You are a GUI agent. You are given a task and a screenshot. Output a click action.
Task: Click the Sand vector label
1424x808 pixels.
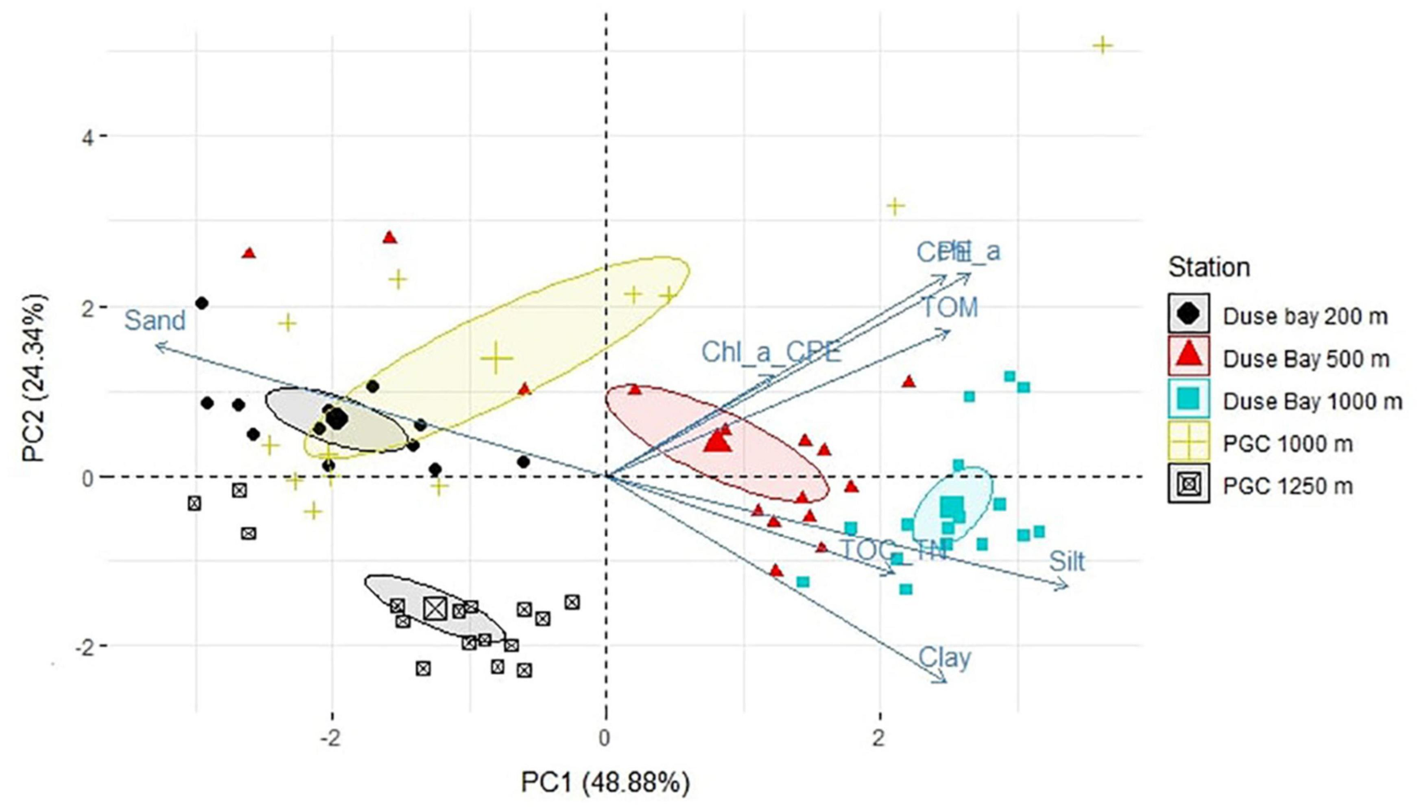[x=155, y=321]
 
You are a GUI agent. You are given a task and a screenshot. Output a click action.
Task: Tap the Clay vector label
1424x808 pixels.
[x=944, y=658]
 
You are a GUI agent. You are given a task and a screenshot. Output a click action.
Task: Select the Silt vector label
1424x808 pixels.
[x=1066, y=562]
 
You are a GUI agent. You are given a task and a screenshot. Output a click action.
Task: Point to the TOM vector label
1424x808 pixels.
[x=949, y=308]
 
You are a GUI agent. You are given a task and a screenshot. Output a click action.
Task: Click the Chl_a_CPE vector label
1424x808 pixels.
[x=770, y=352]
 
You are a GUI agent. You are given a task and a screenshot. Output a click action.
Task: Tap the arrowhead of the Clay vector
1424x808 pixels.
[x=944, y=681]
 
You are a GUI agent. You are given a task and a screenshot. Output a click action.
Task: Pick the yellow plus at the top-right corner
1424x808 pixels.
[x=1102, y=45]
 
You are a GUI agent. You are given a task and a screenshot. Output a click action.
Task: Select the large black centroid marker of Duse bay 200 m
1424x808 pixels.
[x=337, y=419]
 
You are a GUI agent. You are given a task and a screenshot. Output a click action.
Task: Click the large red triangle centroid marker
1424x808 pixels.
[x=717, y=441]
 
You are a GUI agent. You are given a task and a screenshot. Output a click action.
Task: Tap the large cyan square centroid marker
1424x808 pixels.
[x=951, y=506]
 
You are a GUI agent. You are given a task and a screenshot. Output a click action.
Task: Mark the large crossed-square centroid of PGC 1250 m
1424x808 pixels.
[x=435, y=608]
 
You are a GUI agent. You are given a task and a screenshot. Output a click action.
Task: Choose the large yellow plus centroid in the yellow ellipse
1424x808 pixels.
[x=497, y=358]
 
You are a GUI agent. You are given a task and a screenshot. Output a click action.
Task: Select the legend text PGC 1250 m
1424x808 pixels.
[x=1287, y=486]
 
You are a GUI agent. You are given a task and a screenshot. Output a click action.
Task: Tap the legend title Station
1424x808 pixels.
[x=1209, y=268]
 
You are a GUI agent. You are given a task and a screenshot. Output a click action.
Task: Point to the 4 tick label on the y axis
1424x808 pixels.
[x=87, y=137]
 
